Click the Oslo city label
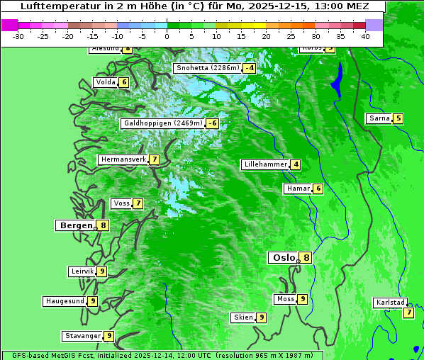click(284, 258)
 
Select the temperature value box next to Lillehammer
click(296, 164)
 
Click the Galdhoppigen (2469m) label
click(163, 123)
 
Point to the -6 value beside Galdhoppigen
click(212, 123)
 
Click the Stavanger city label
click(82, 336)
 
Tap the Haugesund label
click(65, 301)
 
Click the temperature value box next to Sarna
click(398, 118)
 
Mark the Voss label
click(121, 203)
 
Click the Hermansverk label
click(123, 159)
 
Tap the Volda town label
click(105, 82)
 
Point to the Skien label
click(243, 317)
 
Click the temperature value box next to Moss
click(303, 299)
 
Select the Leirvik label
click(82, 271)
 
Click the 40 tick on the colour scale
click(365, 36)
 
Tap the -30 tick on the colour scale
click(18, 36)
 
